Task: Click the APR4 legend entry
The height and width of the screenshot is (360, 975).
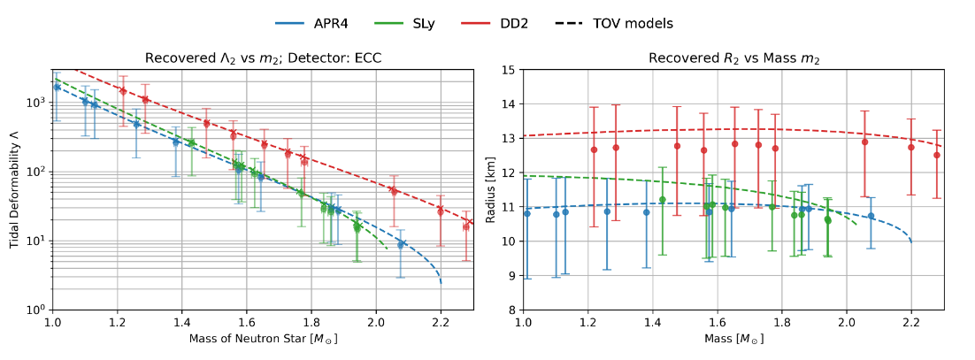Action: tap(355, 24)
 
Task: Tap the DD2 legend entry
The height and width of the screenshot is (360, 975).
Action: tap(573, 24)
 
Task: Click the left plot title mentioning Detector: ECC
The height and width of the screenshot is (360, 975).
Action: tap(263, 58)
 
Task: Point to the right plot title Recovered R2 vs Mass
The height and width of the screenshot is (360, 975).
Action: tap(733, 58)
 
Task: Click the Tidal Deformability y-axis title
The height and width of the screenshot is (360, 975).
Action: tap(15, 189)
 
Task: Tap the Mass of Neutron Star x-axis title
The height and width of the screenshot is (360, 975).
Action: tap(263, 339)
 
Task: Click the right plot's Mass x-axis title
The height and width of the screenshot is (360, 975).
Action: tap(733, 339)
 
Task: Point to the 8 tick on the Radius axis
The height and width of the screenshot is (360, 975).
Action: tap(512, 310)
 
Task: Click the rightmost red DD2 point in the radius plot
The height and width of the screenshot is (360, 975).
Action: tap(937, 155)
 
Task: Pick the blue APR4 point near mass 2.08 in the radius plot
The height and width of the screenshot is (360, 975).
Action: tap(871, 216)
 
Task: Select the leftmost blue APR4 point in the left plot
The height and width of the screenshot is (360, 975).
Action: tap(57, 87)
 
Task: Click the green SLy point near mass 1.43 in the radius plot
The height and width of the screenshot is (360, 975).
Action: tap(662, 200)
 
